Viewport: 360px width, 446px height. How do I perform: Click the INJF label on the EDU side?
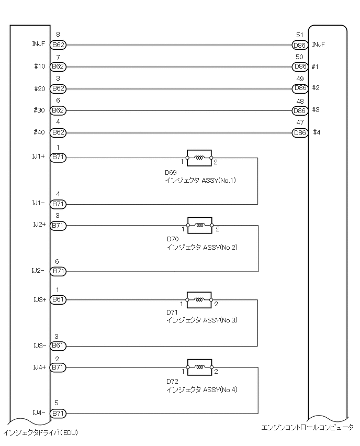[x=38, y=44]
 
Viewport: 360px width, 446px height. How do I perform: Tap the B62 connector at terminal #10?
[x=58, y=67]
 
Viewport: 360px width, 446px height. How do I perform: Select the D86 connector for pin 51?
[x=300, y=45]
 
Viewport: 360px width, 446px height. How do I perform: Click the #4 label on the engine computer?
[x=316, y=132]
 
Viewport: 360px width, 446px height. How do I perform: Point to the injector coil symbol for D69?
[x=199, y=158]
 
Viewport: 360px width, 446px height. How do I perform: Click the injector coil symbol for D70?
[x=199, y=226]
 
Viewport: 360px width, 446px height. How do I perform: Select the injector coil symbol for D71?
[x=199, y=300]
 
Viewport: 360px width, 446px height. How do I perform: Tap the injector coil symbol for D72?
[x=199, y=368]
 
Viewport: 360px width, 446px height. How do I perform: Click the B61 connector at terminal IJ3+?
[x=58, y=300]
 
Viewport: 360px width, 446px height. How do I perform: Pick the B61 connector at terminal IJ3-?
[x=58, y=346]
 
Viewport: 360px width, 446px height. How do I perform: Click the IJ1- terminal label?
[x=39, y=202]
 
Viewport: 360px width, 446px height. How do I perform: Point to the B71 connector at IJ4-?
[x=58, y=414]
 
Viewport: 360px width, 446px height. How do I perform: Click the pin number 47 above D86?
[x=300, y=122]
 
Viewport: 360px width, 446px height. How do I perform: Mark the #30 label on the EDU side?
[x=39, y=110]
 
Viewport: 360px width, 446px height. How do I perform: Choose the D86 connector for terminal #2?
[x=300, y=88]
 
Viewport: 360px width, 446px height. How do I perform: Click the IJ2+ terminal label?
[x=39, y=224]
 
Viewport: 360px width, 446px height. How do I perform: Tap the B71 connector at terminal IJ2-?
[x=58, y=272]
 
